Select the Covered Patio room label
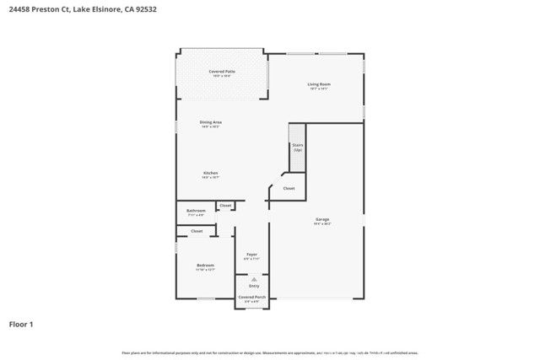pyautogui.click(x=222, y=72)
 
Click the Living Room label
pyautogui.click(x=318, y=83)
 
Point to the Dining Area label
pyautogui.click(x=210, y=122)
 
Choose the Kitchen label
pyautogui.click(x=210, y=173)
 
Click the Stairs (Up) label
pyautogui.click(x=297, y=147)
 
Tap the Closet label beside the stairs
pyautogui.click(x=289, y=188)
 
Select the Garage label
pyautogui.click(x=322, y=218)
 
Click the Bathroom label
pyautogui.click(x=196, y=211)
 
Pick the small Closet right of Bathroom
pyautogui.click(x=225, y=205)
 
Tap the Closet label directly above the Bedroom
pyautogui.click(x=196, y=230)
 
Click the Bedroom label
pyautogui.click(x=205, y=266)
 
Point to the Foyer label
pyautogui.click(x=251, y=254)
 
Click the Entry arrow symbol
pyautogui.click(x=254, y=279)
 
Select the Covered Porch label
pyautogui.click(x=251, y=297)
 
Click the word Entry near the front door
pyautogui.click(x=254, y=287)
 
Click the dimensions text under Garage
pyautogui.click(x=322, y=223)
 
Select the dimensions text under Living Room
pyautogui.click(x=318, y=89)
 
